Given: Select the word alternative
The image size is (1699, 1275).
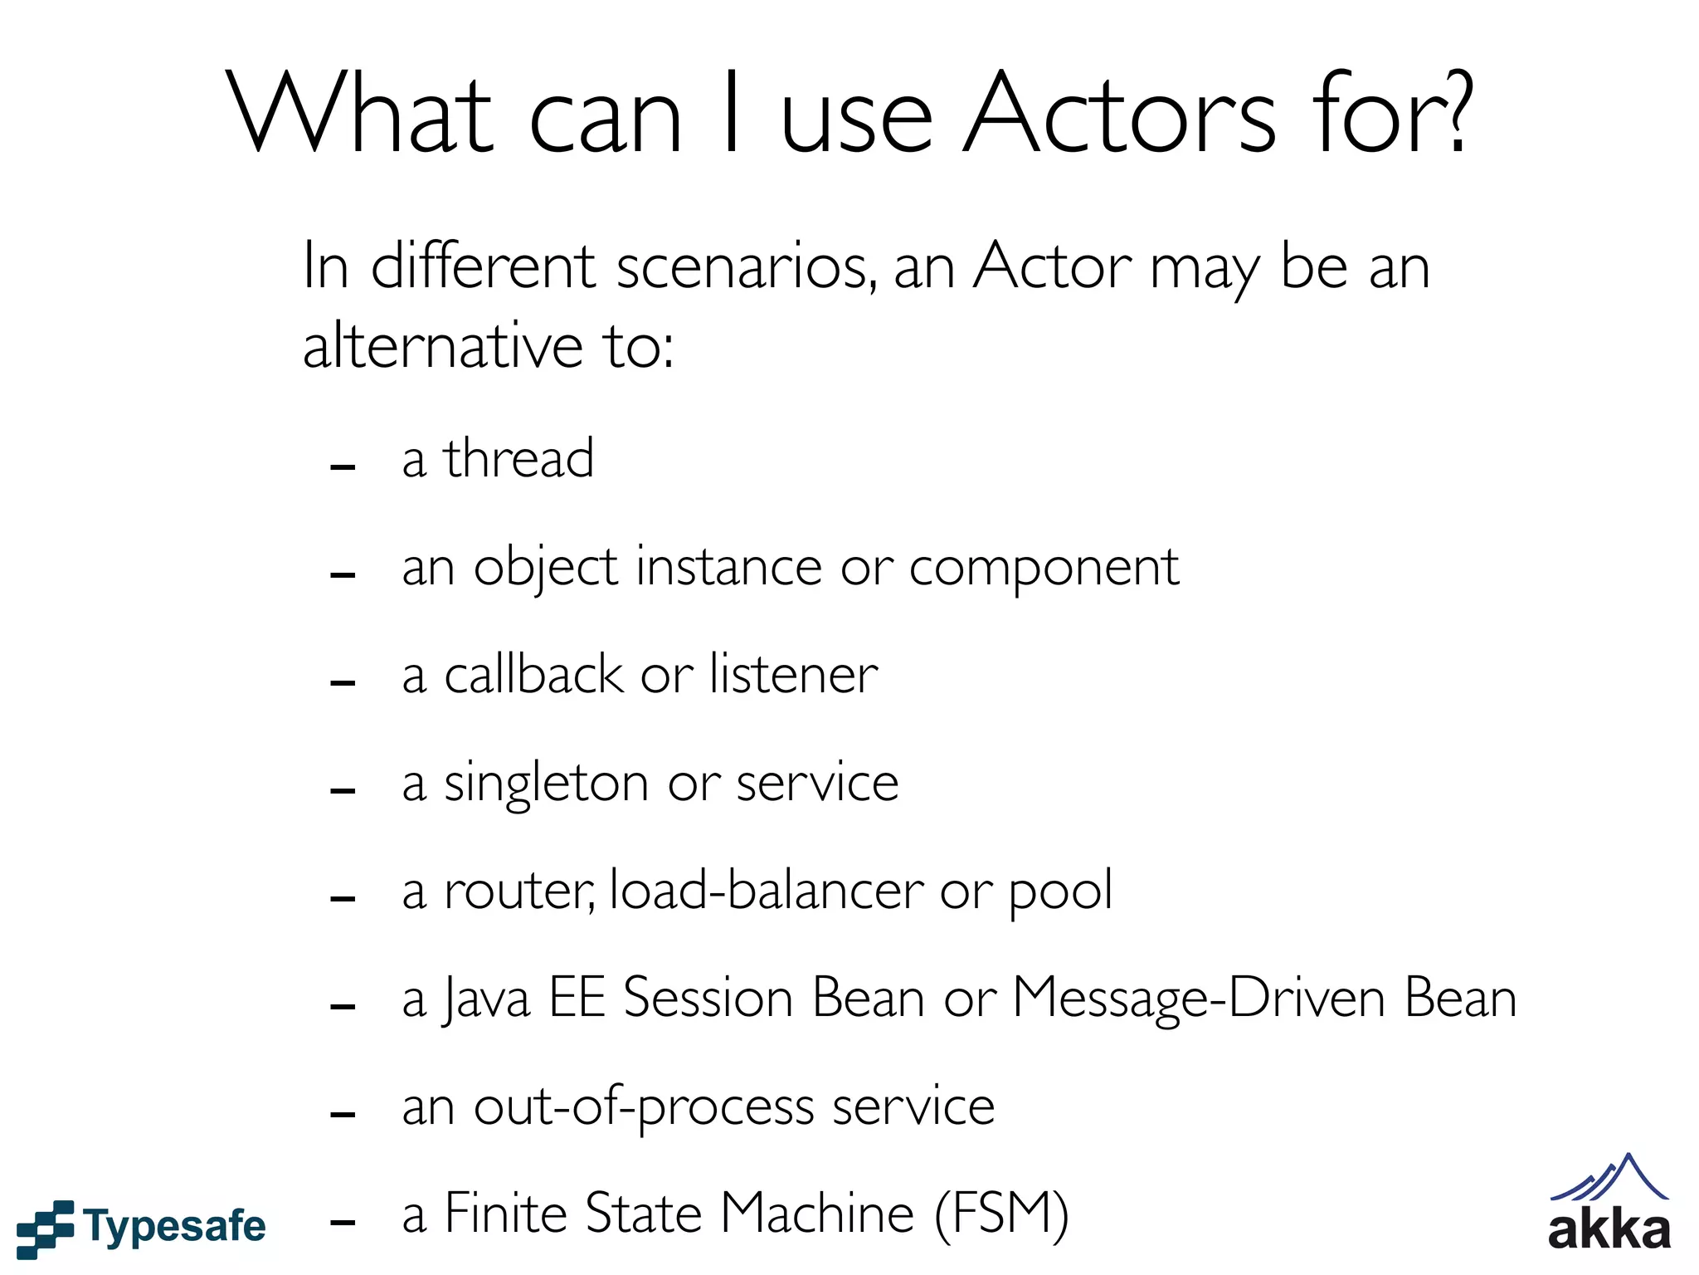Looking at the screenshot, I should click(443, 345).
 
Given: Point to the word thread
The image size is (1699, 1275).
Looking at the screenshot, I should click(518, 458).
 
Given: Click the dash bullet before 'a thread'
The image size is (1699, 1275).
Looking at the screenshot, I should click(343, 467).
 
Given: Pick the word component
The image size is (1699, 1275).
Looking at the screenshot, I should click(1044, 569).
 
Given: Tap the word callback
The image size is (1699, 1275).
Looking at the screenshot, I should click(533, 674).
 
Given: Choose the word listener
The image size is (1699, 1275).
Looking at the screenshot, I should click(793, 674).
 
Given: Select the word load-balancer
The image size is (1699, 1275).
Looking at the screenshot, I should click(767, 891).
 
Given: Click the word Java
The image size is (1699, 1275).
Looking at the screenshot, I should click(485, 999).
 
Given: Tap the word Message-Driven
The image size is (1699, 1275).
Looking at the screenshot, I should click(1199, 999).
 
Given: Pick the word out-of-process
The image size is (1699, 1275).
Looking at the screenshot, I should click(644, 1107).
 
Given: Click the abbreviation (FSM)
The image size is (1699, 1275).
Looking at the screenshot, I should click(1001, 1214).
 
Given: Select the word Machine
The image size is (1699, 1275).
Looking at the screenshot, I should click(817, 1213).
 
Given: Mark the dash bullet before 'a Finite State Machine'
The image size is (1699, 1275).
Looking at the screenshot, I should click(343, 1222).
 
